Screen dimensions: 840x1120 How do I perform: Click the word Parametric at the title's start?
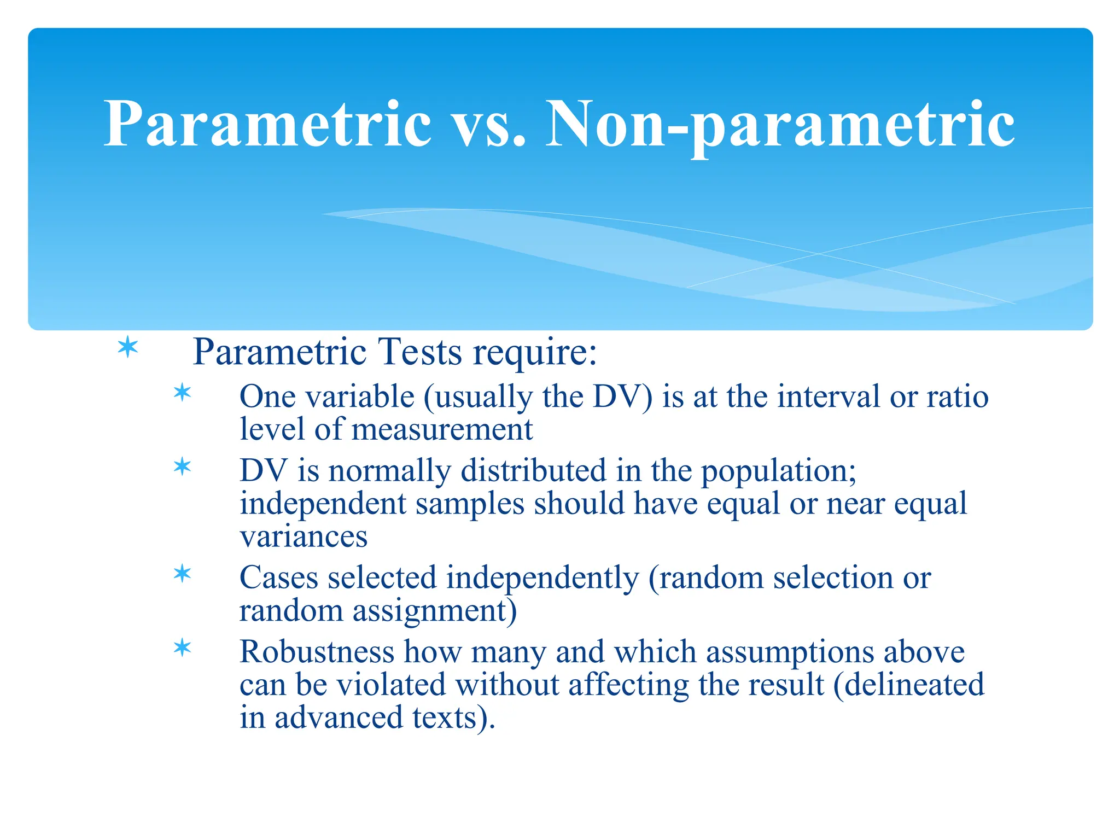pos(268,125)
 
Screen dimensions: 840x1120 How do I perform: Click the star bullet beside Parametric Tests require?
pos(128,348)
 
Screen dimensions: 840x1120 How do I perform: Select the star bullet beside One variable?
pos(182,393)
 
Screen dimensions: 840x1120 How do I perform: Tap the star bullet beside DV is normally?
pos(182,467)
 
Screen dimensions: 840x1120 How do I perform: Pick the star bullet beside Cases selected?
pos(182,574)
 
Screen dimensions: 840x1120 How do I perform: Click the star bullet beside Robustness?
pos(182,648)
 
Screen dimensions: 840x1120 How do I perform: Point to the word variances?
pos(304,536)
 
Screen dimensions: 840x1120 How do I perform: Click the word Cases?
pos(279,577)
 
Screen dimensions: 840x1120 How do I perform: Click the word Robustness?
pos(317,652)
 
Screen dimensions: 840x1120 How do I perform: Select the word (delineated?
pos(908,685)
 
